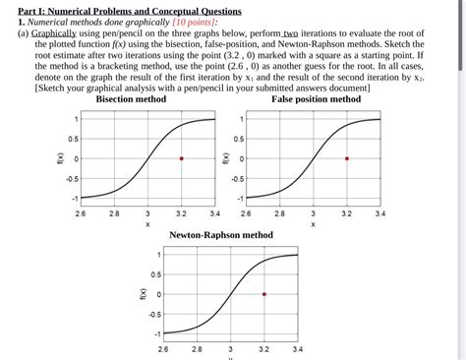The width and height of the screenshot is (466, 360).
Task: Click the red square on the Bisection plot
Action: point(181,158)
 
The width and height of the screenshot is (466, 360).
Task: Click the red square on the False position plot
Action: point(346,158)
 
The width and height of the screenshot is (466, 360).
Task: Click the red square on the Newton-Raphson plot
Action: point(264,294)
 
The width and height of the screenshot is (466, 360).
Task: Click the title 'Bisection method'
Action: point(131,99)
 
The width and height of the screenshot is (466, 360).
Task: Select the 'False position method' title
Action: point(316,99)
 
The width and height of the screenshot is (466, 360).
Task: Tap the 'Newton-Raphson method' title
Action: point(221,236)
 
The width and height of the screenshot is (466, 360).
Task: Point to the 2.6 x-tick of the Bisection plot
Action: point(81,212)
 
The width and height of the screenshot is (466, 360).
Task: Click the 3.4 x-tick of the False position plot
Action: point(379,212)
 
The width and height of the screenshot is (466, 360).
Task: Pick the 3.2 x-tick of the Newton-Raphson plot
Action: point(264,348)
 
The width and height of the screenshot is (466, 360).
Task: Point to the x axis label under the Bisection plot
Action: point(147,224)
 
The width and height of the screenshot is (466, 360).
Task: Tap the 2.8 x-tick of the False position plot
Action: point(279,212)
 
